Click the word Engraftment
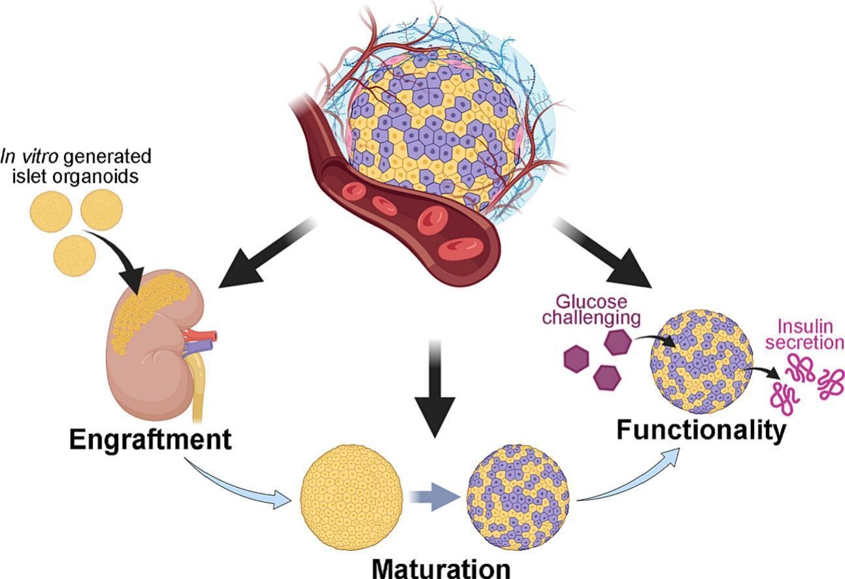[x=150, y=439]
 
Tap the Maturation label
[x=441, y=567]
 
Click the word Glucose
[x=591, y=302]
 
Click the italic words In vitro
[x=27, y=157]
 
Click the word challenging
[x=591, y=318]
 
